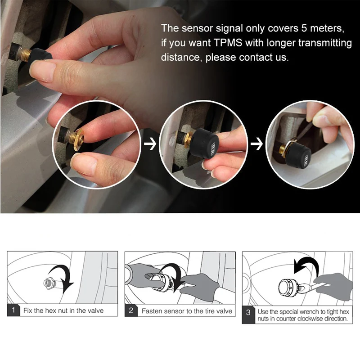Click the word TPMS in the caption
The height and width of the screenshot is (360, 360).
pos(228,43)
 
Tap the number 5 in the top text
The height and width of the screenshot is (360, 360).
pos(304,28)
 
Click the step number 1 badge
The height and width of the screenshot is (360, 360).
pos(13,310)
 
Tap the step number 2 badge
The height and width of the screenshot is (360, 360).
pos(131,310)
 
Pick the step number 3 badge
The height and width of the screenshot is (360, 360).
pos(248,315)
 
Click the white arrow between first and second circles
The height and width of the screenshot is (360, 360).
pos(150,144)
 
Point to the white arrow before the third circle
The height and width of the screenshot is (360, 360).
pos(256,144)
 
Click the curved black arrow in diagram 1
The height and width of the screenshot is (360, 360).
pos(62,277)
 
